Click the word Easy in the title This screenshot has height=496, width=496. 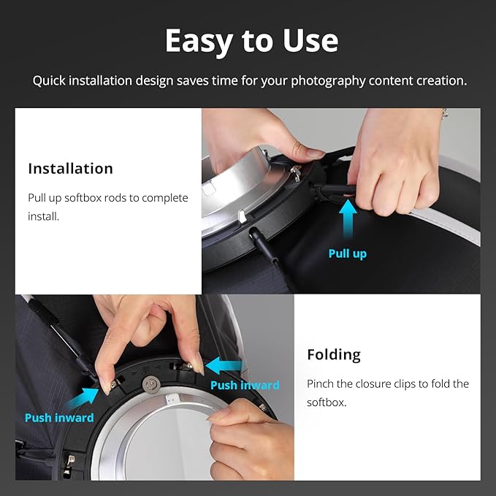pos(199,42)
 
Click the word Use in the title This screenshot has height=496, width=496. pos(310,40)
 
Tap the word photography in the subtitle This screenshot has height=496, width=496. pos(328,81)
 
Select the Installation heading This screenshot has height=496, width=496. pos(71,168)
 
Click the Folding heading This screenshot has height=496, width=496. pos(334,356)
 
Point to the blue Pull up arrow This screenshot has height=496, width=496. pos(348,219)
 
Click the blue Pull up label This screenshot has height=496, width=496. pos(348,253)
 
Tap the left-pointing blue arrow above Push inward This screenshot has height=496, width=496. pos(224,366)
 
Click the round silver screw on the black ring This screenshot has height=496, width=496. pos(151,384)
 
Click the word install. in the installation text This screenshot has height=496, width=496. pos(43,216)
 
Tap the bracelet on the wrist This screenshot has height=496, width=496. pos(445,112)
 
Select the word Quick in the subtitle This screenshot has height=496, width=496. pos(49,81)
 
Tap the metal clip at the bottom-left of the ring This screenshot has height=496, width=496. pos(69,465)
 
